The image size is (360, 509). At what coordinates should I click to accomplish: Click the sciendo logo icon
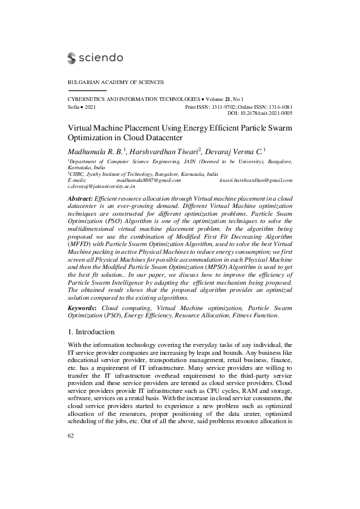click(72, 58)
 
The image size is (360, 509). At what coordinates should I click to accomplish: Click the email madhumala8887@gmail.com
click(149, 180)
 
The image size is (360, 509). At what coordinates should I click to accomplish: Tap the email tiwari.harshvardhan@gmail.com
click(256, 180)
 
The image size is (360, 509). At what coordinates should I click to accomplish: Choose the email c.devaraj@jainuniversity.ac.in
click(101, 187)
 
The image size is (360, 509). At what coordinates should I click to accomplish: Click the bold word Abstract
click(80, 198)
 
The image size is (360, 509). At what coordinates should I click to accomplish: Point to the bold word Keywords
click(82, 308)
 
